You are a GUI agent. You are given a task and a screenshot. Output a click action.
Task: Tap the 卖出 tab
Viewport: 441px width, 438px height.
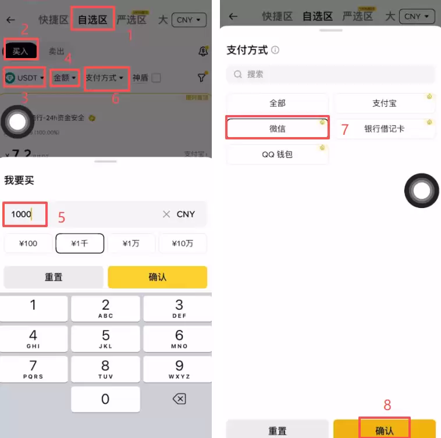[56, 51]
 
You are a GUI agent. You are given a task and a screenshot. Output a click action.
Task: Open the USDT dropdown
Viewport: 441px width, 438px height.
[24, 77]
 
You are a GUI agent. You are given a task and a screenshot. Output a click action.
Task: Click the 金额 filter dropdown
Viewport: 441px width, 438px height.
[65, 77]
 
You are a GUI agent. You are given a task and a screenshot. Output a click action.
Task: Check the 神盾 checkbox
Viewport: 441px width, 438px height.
[156, 77]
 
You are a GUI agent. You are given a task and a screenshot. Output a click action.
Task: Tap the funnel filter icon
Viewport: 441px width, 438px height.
[201, 77]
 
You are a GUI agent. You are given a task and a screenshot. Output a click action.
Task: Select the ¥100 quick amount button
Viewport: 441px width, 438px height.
[28, 243]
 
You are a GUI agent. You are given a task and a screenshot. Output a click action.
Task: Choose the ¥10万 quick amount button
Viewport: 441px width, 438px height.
[182, 243]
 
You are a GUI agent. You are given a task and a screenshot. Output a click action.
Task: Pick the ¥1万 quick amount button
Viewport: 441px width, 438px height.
[131, 243]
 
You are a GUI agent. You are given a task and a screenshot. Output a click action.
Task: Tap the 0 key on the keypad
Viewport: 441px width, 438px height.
[105, 399]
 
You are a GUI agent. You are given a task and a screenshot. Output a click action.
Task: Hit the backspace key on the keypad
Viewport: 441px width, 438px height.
[179, 399]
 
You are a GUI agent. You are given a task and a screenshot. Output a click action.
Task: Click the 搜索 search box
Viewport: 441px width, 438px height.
[330, 74]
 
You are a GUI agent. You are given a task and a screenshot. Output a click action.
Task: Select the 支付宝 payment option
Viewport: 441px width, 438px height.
[384, 103]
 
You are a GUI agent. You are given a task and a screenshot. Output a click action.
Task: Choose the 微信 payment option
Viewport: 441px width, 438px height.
[278, 128]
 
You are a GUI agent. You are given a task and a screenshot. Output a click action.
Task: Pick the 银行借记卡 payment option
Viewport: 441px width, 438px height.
[384, 128]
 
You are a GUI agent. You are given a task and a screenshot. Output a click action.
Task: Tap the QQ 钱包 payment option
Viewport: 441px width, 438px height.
[278, 154]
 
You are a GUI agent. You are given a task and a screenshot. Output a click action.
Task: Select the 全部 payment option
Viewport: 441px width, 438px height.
[278, 103]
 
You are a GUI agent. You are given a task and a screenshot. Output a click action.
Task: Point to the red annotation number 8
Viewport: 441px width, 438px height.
[387, 405]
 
